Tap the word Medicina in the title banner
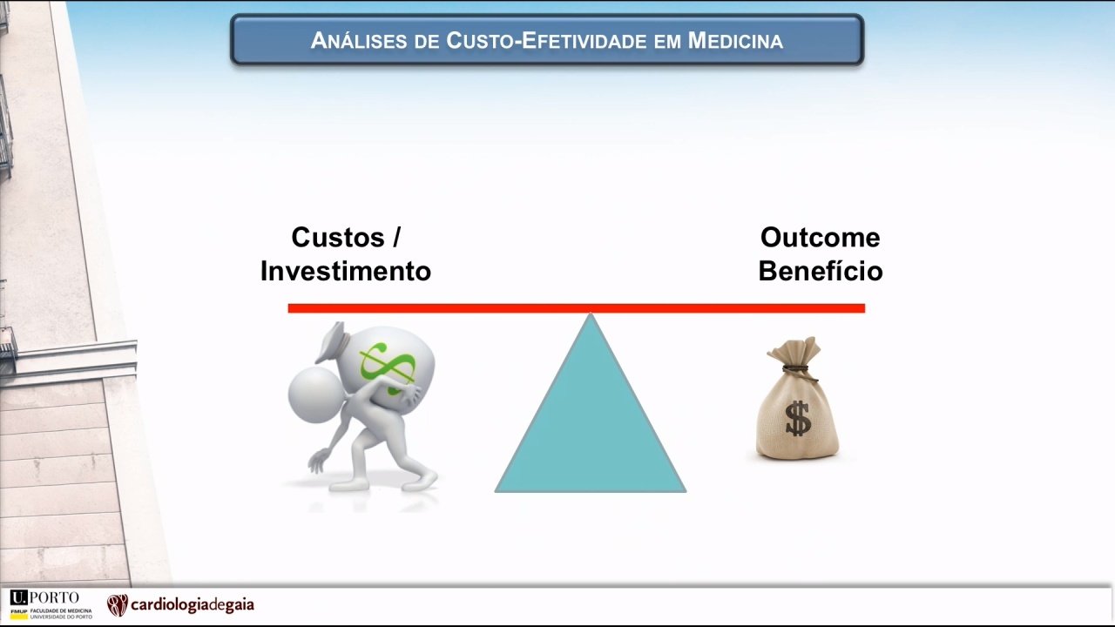(735, 40)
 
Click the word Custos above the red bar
(338, 237)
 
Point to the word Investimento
(346, 271)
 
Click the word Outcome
(820, 238)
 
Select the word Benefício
(820, 271)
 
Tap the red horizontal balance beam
(577, 308)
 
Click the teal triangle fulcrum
(591, 423)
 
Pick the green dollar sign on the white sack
(388, 368)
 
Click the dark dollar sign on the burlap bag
(798, 419)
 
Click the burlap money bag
(797, 398)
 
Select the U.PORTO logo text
(44, 597)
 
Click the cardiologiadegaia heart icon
(118, 605)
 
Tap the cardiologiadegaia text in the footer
(193, 605)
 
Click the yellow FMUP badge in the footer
(19, 613)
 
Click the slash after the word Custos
(396, 237)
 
